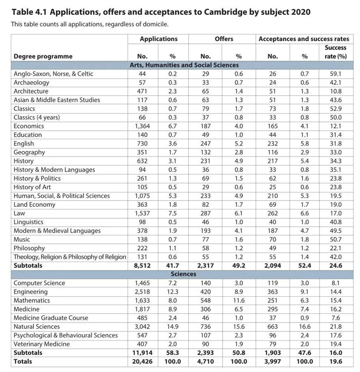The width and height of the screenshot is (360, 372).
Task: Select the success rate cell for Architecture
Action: [x=336, y=91]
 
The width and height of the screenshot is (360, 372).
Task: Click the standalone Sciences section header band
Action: [x=183, y=274]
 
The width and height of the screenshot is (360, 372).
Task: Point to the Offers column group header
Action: [x=223, y=39]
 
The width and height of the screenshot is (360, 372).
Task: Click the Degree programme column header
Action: [x=43, y=56]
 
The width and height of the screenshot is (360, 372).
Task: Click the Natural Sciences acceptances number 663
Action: [x=273, y=327]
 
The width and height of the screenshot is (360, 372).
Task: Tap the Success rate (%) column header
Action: [x=335, y=52]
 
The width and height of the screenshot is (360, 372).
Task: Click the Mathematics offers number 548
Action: [x=205, y=300]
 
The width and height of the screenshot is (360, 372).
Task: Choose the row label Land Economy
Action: [x=34, y=205]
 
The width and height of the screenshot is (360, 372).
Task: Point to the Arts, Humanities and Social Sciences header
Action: [x=183, y=65]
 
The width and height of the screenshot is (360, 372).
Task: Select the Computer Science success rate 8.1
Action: [x=336, y=283]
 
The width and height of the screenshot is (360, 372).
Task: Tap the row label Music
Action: [x=22, y=240]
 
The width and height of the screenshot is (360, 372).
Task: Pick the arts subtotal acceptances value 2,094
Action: [x=273, y=266]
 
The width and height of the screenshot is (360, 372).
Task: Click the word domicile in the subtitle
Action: [x=155, y=24]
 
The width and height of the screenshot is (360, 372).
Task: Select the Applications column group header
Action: [x=158, y=39]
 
